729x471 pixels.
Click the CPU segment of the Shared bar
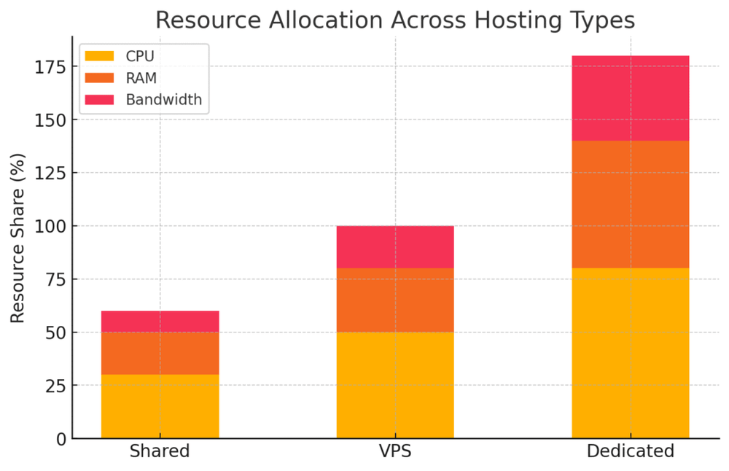(160, 406)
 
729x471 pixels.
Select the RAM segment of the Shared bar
(160, 354)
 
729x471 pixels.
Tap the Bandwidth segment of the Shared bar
(160, 322)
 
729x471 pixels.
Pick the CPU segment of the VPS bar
(395, 385)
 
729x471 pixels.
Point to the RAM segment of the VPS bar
(395, 300)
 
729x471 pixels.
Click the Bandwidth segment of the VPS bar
(395, 247)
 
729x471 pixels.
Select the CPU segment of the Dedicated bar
(630, 353)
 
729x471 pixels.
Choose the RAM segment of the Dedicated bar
(630, 205)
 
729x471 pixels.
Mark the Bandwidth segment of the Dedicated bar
(630, 98)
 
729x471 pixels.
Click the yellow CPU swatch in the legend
(100, 56)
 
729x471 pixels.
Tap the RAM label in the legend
(141, 78)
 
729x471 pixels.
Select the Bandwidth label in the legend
(163, 100)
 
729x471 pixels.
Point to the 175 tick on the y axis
(50, 67)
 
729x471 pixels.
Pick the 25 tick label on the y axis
(54, 386)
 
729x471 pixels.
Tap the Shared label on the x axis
(160, 451)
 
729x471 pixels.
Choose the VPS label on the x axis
(395, 451)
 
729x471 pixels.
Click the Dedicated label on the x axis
(630, 451)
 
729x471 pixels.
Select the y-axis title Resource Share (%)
(18, 238)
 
